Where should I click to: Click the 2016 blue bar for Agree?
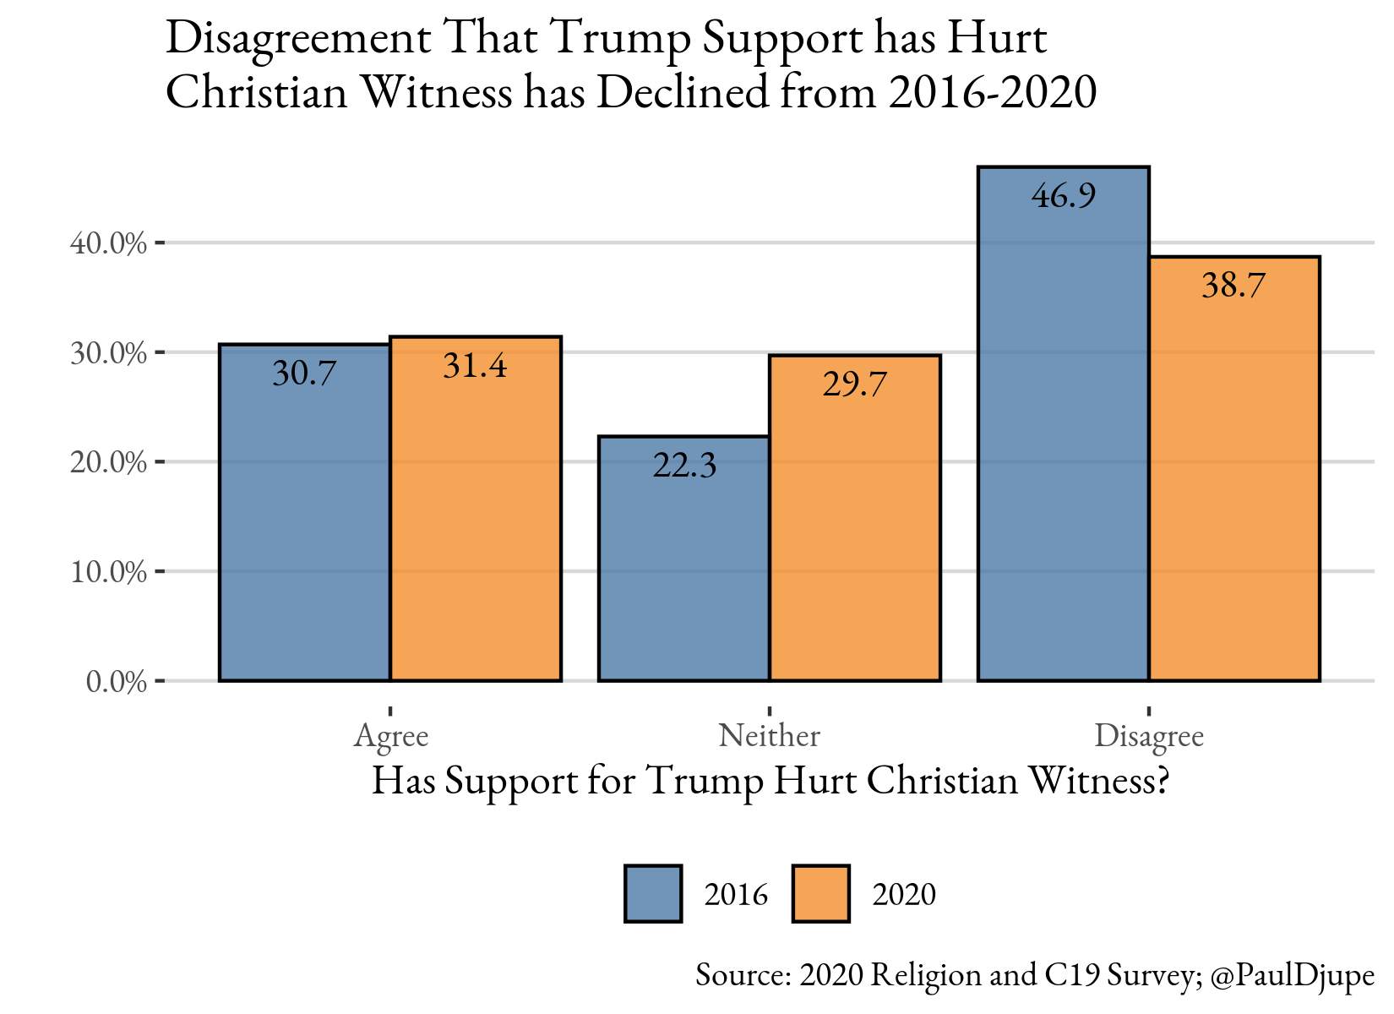pyautogui.click(x=304, y=524)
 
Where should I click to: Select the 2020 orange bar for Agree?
pyautogui.click(x=475, y=524)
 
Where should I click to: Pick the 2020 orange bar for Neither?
pyautogui.click(x=854, y=532)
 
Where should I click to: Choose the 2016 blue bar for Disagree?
pyautogui.click(x=1063, y=439)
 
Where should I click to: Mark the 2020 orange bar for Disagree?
pyautogui.click(x=1233, y=482)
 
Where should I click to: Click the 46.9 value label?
pyautogui.click(x=1064, y=196)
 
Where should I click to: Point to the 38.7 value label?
pyautogui.click(x=1233, y=286)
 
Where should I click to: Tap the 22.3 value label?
pyautogui.click(x=684, y=466)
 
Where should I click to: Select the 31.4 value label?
pyautogui.click(x=475, y=366)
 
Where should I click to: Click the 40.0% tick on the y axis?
pyautogui.click(x=108, y=243)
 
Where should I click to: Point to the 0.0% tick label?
pyautogui.click(x=117, y=681)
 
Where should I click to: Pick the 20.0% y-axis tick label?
pyautogui.click(x=108, y=462)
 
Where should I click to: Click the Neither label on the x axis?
pyautogui.click(x=769, y=736)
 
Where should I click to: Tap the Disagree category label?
pyautogui.click(x=1149, y=736)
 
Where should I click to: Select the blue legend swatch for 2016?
pyautogui.click(x=653, y=893)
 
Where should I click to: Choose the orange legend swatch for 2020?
pyautogui.click(x=820, y=893)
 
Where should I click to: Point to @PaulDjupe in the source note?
pyautogui.click(x=1292, y=975)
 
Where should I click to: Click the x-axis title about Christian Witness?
pyautogui.click(x=770, y=781)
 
